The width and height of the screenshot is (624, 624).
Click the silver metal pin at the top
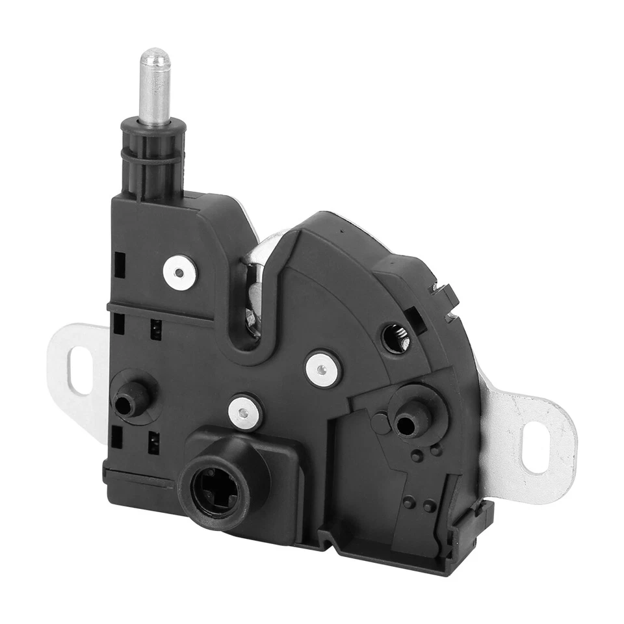155,88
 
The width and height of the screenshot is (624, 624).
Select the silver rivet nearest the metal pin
179,272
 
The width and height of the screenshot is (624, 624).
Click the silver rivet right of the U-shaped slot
323,369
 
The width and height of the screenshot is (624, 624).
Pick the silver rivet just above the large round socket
245,412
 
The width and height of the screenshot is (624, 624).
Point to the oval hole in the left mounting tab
81,370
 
